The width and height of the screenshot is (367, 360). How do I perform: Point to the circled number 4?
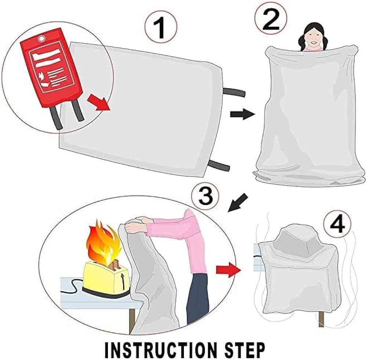coord(337,224)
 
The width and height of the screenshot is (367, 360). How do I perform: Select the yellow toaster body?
coord(106,275)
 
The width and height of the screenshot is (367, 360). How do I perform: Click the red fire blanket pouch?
coord(51,68)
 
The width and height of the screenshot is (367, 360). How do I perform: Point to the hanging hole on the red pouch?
coord(42,38)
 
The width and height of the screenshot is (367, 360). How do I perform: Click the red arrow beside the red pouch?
coord(98,103)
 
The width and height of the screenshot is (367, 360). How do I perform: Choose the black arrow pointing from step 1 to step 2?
coord(243,114)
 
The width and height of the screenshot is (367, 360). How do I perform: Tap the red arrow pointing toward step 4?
coord(228,270)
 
